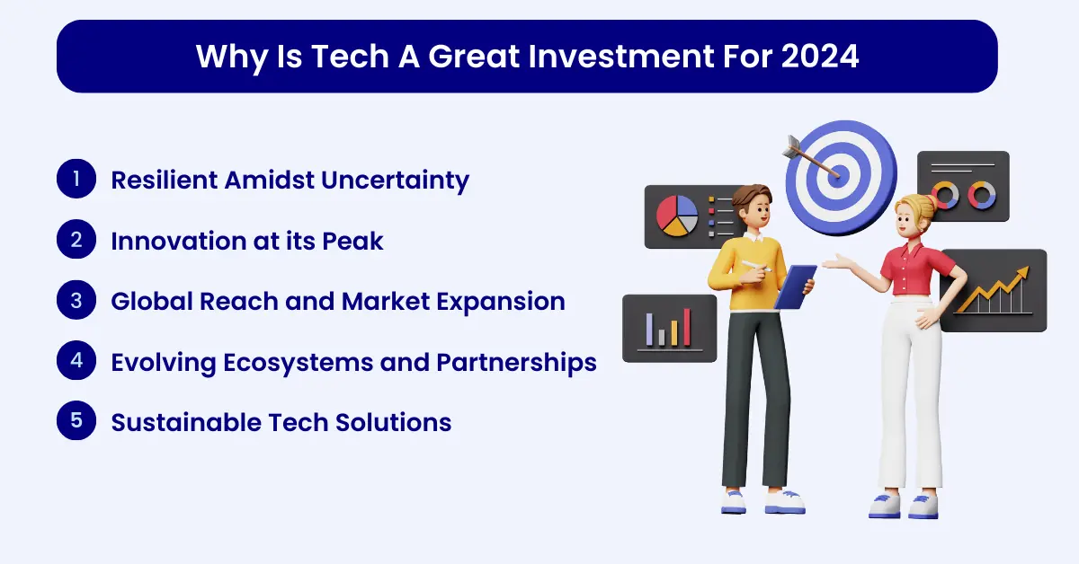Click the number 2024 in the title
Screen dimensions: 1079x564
[820, 57]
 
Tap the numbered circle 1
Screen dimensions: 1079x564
[76, 179]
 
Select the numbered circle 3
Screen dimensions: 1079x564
[76, 300]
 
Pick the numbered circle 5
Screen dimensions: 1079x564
[76, 420]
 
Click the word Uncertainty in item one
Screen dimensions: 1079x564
[395, 181]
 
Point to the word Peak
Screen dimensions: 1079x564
[352, 241]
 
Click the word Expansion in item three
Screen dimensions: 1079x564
[501, 303]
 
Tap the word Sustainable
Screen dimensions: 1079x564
[186, 422]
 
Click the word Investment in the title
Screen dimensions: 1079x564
[621, 57]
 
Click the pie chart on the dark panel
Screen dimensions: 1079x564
[677, 216]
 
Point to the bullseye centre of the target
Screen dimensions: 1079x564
[839, 175]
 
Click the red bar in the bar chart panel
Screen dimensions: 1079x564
[687, 327]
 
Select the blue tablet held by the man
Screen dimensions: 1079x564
[795, 286]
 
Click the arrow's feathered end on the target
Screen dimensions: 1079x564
[791, 146]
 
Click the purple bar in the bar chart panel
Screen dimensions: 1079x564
[649, 330]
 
